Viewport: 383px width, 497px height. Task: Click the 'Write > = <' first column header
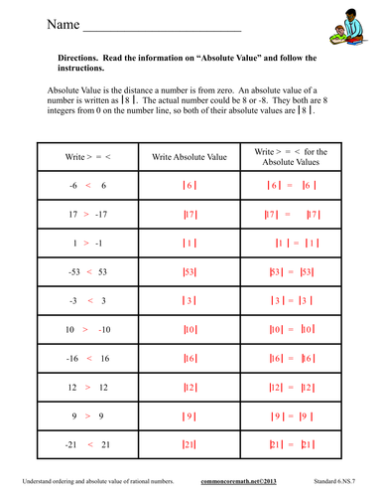(86, 158)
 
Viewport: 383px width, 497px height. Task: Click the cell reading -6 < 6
(86, 186)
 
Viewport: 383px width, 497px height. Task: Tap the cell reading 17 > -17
(86, 215)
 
